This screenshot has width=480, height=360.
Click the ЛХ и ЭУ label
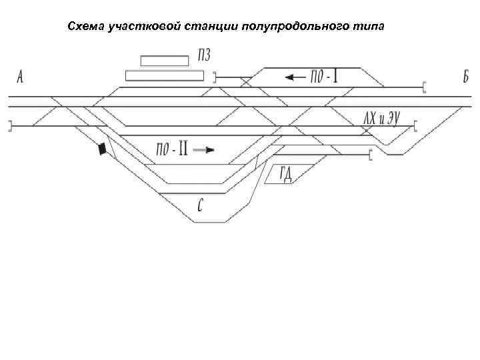coord(381,119)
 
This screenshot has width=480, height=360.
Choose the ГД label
coord(287,174)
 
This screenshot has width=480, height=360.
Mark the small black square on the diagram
coord(102,149)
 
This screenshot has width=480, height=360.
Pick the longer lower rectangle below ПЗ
coord(164,75)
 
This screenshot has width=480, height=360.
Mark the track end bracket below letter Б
coord(424,87)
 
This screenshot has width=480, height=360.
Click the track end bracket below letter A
coord(9,126)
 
